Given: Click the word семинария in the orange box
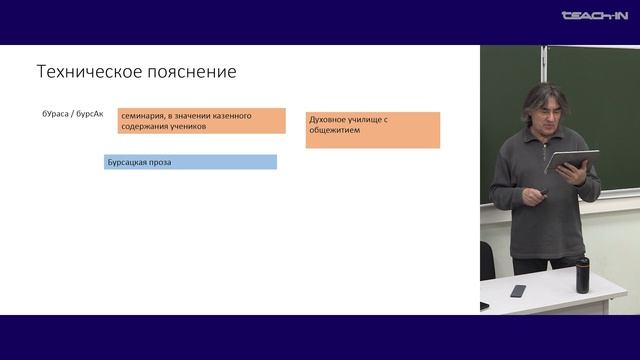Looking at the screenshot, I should click(146, 116).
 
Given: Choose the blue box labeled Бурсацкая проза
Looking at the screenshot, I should click(190, 162).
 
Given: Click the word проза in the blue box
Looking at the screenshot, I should click(160, 162).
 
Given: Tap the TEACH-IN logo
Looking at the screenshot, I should click(594, 16).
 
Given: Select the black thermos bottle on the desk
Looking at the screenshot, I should click(582, 275).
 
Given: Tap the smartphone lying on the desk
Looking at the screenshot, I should click(517, 291).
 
